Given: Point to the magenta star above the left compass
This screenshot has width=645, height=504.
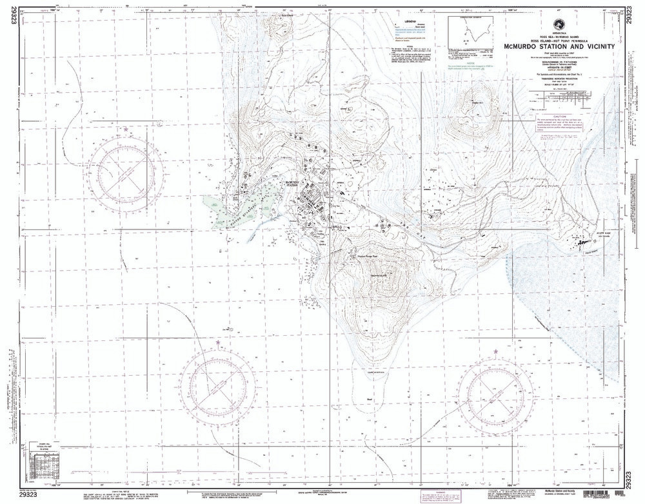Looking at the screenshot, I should click(x=126, y=131).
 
